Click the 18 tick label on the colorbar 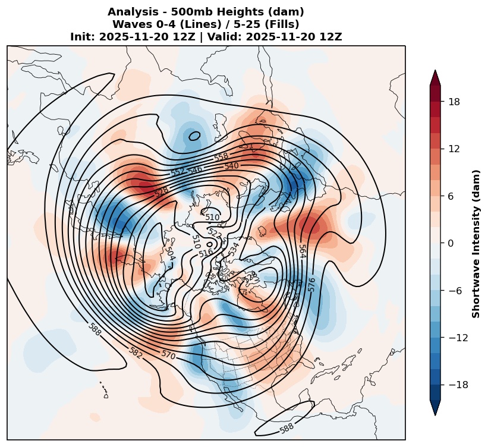[454, 102]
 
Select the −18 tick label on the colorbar [458, 385]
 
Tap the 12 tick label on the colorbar [454, 149]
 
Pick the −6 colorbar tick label [456, 291]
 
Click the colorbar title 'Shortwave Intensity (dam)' [476, 244]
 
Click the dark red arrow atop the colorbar [435, 77]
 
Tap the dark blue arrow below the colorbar [435, 408]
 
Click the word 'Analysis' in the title [128, 12]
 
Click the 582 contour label [136, 352]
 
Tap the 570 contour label [168, 354]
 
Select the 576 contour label [312, 285]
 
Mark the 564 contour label [302, 251]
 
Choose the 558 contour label [221, 156]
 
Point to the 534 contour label [234, 249]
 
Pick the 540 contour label [232, 166]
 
